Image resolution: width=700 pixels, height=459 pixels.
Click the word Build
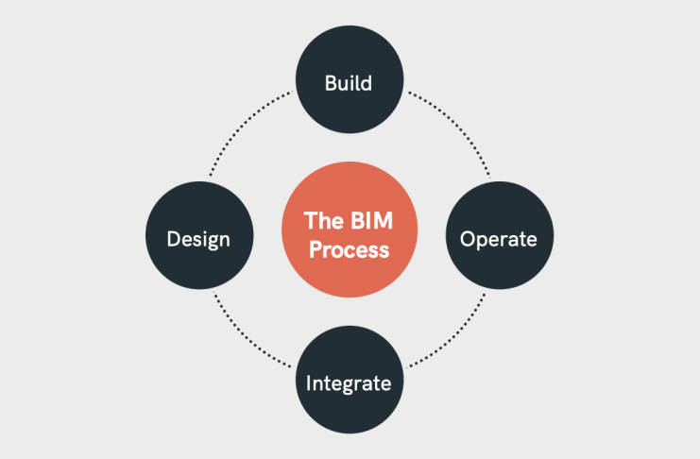[x=348, y=83]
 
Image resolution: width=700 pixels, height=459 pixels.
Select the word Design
[x=198, y=239]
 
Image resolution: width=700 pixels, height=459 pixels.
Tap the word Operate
[x=498, y=239]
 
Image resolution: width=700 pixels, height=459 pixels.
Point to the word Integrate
[x=348, y=383]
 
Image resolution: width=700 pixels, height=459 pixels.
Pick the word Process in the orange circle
[x=348, y=250]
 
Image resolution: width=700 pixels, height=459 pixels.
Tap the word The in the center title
[x=321, y=221]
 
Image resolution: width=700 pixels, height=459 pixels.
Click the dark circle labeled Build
[x=348, y=57]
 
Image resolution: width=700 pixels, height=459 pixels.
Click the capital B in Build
[x=331, y=83]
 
